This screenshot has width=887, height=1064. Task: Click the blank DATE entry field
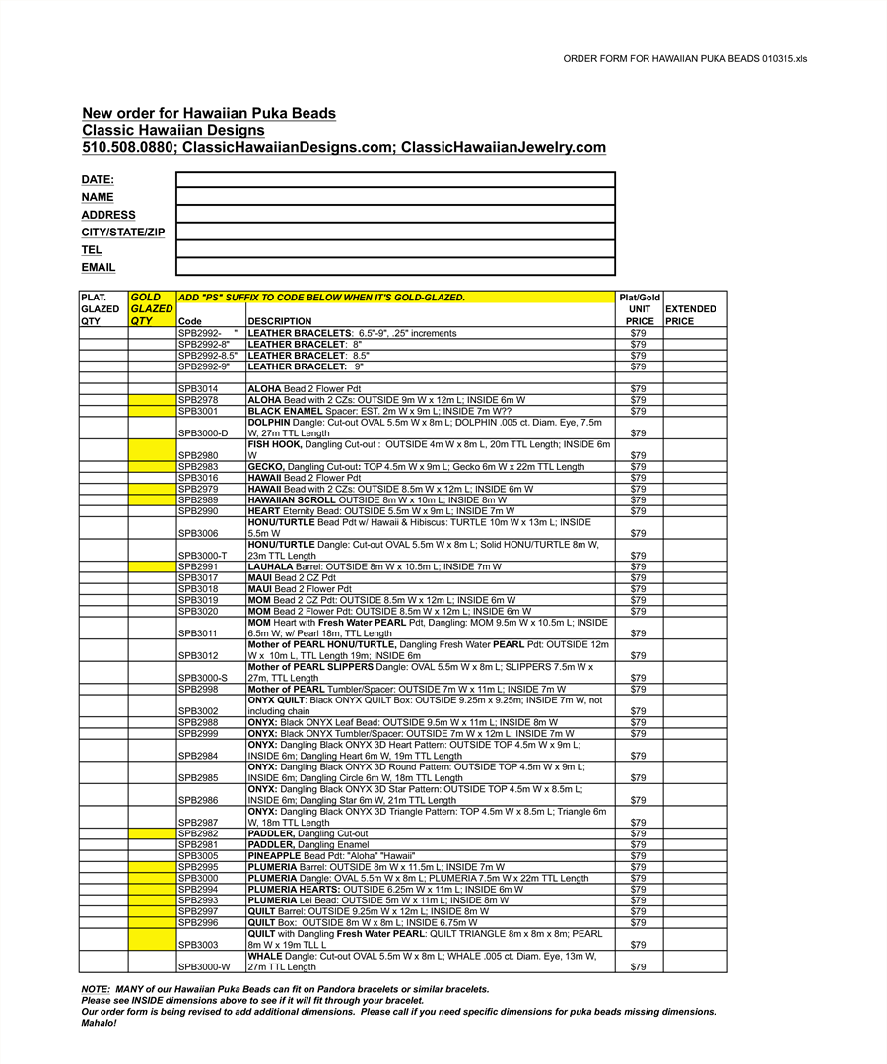pyautogui.click(x=395, y=179)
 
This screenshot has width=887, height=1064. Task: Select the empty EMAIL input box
pyautogui.click(x=395, y=267)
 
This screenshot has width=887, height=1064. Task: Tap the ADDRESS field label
pyautogui.click(x=108, y=215)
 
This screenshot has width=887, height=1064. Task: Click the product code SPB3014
pyautogui.click(x=198, y=389)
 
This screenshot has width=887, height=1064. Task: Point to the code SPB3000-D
pyautogui.click(x=203, y=433)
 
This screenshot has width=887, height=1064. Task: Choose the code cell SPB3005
pyautogui.click(x=198, y=856)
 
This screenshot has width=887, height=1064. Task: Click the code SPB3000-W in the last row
pyautogui.click(x=204, y=967)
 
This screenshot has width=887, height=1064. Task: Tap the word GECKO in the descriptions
pyautogui.click(x=266, y=467)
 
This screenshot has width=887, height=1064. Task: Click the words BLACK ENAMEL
pyautogui.click(x=285, y=412)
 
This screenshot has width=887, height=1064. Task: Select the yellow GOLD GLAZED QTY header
pyautogui.click(x=152, y=308)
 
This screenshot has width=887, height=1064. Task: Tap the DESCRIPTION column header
pyautogui.click(x=280, y=321)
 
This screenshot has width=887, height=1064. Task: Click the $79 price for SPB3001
pyautogui.click(x=638, y=412)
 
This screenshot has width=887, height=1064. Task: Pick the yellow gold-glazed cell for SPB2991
pyautogui.click(x=152, y=566)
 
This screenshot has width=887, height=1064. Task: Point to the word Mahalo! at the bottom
pyautogui.click(x=99, y=1023)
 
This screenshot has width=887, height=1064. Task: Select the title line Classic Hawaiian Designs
pyautogui.click(x=173, y=130)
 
